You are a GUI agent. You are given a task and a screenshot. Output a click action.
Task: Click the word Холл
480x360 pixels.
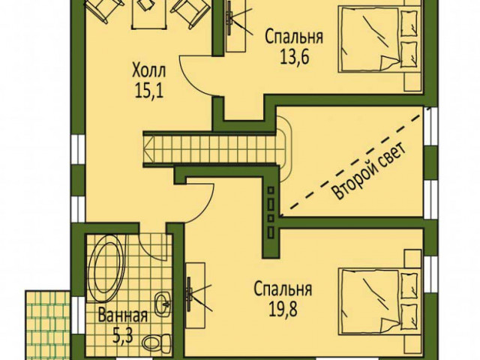(x=148, y=70)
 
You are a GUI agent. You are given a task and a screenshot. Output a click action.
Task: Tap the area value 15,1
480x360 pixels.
(x=149, y=90)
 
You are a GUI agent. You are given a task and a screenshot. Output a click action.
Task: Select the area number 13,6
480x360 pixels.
(x=294, y=56)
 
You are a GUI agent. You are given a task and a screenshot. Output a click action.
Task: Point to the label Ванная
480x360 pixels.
(x=123, y=316)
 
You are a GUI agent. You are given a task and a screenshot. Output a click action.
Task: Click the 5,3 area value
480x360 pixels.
(x=122, y=336)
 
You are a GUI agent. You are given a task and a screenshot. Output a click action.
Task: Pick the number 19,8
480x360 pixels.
(x=283, y=310)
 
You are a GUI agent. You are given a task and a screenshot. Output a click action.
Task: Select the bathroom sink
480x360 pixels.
(x=163, y=304)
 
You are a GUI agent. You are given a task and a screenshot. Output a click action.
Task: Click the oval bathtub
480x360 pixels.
(x=106, y=268)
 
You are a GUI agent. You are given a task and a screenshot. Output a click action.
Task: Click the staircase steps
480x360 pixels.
(x=211, y=149)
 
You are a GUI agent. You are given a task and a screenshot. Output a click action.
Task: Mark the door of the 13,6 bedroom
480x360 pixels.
(x=197, y=75)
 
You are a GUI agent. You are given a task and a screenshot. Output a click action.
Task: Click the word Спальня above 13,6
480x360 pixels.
(x=294, y=37)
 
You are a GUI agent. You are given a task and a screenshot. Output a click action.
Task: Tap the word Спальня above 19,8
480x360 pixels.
(x=283, y=290)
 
